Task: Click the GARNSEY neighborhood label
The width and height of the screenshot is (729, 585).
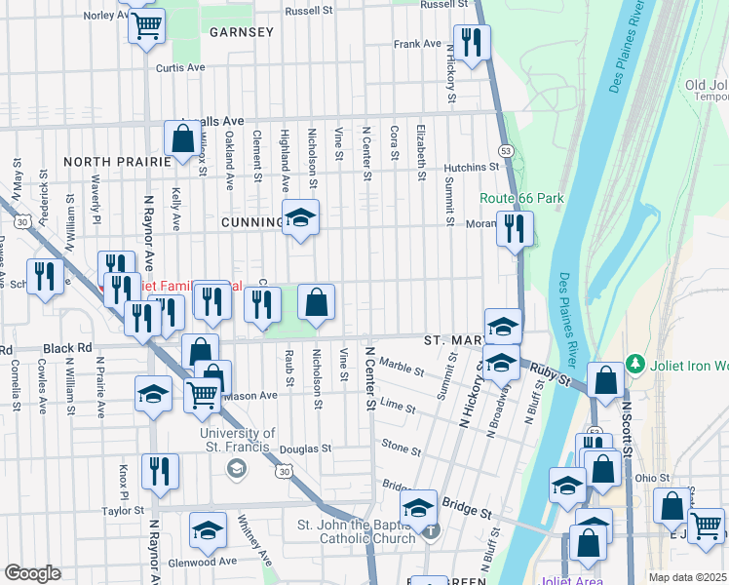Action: [241, 32]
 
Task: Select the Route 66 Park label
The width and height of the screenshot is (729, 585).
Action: [521, 198]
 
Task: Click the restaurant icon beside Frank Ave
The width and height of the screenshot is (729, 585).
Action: [472, 42]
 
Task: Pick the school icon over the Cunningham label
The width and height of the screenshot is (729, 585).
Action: [300, 217]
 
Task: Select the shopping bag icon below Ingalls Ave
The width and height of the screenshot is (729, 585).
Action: [182, 138]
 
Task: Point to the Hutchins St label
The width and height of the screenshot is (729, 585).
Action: [472, 168]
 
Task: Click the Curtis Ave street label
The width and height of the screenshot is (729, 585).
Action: [180, 68]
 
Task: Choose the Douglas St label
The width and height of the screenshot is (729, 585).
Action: [305, 449]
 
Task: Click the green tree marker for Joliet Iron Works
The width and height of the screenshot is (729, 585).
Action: [637, 364]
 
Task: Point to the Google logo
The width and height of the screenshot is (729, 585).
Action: [32, 573]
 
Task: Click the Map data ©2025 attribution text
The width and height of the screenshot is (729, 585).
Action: [688, 577]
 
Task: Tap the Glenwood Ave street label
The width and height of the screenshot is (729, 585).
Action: [201, 562]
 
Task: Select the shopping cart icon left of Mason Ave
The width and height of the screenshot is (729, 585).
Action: [202, 394]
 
